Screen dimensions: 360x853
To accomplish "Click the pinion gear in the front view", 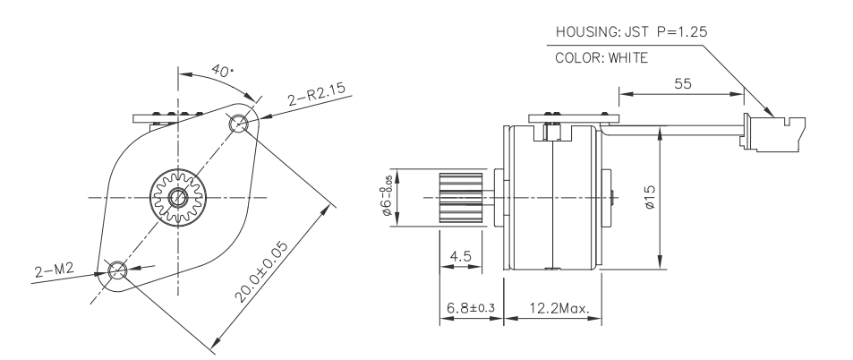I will (x=178, y=196).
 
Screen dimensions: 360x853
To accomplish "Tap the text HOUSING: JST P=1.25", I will (x=633, y=31).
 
